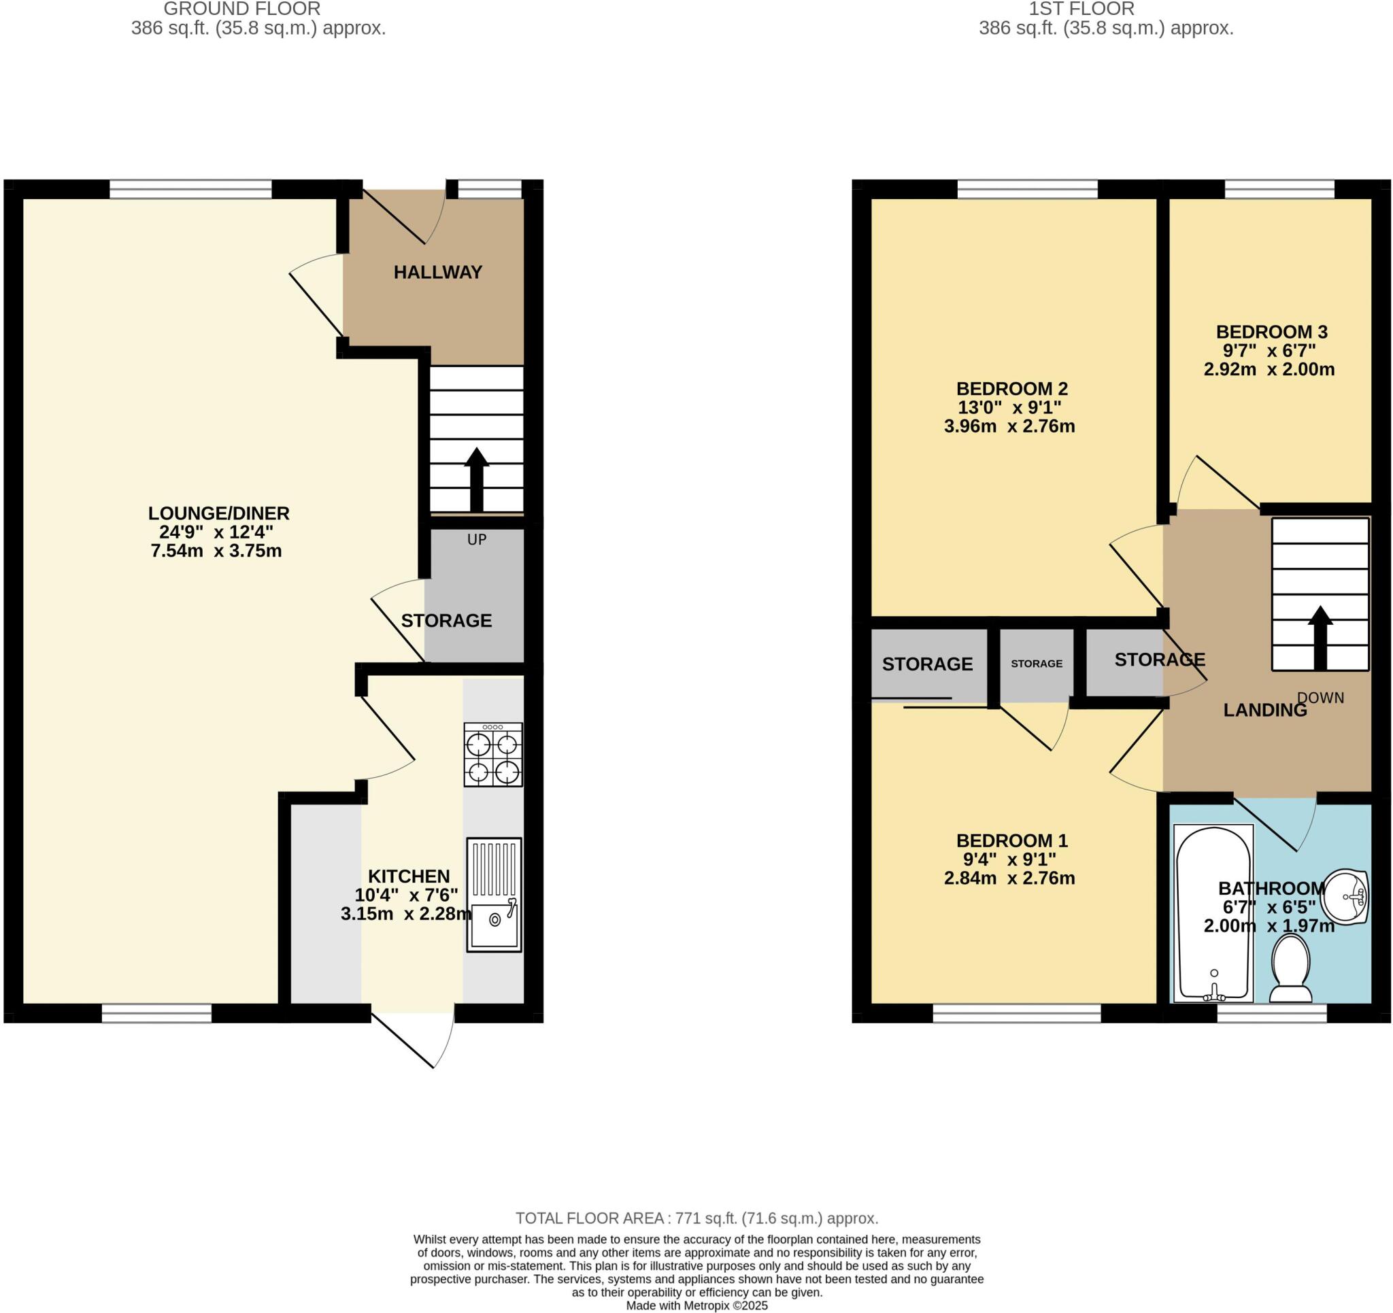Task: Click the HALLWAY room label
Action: click(x=437, y=273)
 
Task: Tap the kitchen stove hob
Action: click(x=492, y=755)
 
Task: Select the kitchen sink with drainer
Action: click(x=494, y=895)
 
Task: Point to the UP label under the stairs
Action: click(x=477, y=539)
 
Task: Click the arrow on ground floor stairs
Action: click(x=477, y=479)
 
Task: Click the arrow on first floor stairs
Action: click(x=1320, y=638)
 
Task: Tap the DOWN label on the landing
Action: click(x=1320, y=698)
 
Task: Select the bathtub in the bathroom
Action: click(x=1213, y=914)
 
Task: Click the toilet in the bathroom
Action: click(x=1291, y=970)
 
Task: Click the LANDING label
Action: click(x=1264, y=711)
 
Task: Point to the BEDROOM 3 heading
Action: click(x=1271, y=332)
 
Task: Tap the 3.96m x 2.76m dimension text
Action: click(x=1009, y=426)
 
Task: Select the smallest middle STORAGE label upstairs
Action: click(x=1037, y=664)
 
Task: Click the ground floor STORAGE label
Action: click(x=446, y=621)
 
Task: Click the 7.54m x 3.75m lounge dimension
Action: click(x=216, y=551)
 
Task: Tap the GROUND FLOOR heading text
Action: click(x=241, y=9)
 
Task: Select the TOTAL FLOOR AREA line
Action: click(x=696, y=1218)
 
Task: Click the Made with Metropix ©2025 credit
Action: click(x=696, y=1306)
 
